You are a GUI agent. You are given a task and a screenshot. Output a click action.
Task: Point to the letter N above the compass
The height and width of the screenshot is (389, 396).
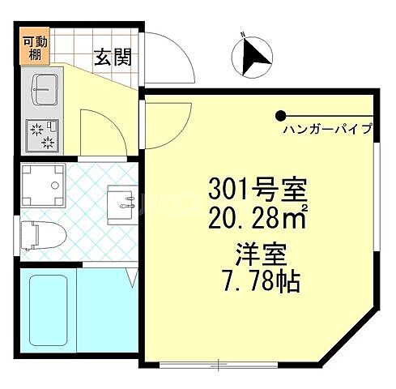click(241, 34)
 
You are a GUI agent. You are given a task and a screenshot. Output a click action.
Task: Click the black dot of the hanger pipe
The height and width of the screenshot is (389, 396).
click(280, 115)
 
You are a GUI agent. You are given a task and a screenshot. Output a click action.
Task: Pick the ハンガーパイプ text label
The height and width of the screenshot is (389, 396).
click(327, 129)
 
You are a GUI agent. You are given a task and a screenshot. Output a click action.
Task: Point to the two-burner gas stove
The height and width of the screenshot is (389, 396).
click(42, 135)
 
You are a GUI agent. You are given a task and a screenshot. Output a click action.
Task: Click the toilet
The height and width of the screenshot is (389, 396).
click(40, 233)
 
